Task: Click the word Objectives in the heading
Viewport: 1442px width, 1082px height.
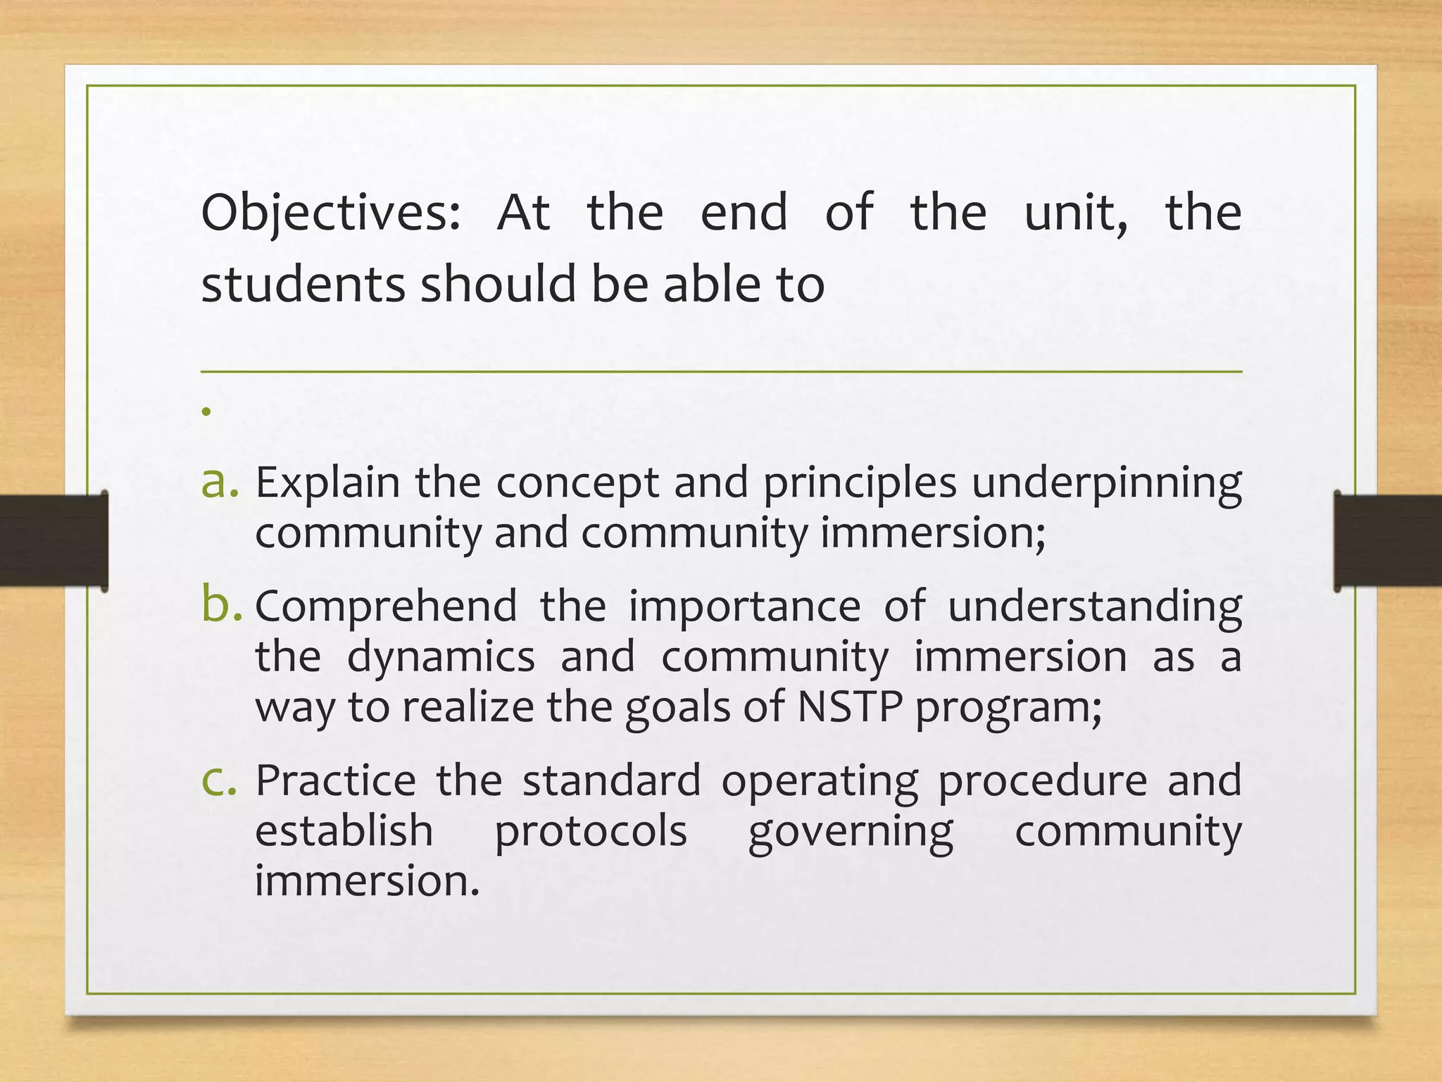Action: (x=330, y=213)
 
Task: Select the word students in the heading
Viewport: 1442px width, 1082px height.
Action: (x=303, y=285)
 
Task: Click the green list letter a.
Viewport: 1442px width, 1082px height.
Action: (x=218, y=483)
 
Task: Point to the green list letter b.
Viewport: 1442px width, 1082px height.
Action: (x=220, y=604)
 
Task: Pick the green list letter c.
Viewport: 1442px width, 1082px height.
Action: (x=218, y=781)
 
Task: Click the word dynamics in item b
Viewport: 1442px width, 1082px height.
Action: (x=441, y=657)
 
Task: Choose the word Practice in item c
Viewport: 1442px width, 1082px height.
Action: (x=336, y=781)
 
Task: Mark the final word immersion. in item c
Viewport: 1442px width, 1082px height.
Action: (x=367, y=881)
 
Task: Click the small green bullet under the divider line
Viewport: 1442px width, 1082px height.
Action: (x=206, y=411)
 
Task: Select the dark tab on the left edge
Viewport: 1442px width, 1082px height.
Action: (x=53, y=541)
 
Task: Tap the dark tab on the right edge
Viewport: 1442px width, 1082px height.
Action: (x=1387, y=541)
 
